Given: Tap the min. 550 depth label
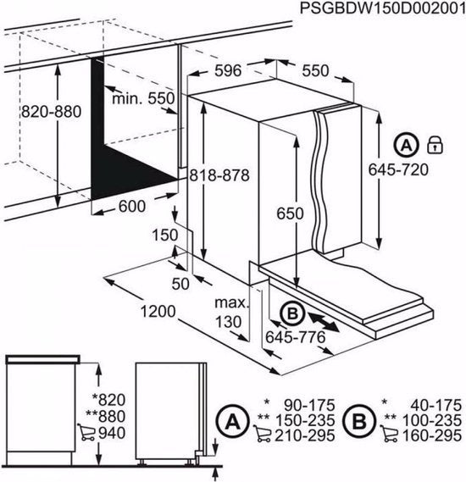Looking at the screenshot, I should (142, 99).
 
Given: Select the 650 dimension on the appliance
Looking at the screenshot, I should (290, 215).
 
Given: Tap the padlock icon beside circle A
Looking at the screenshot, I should (435, 142).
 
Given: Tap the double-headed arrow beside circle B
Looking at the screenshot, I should (323, 321).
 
